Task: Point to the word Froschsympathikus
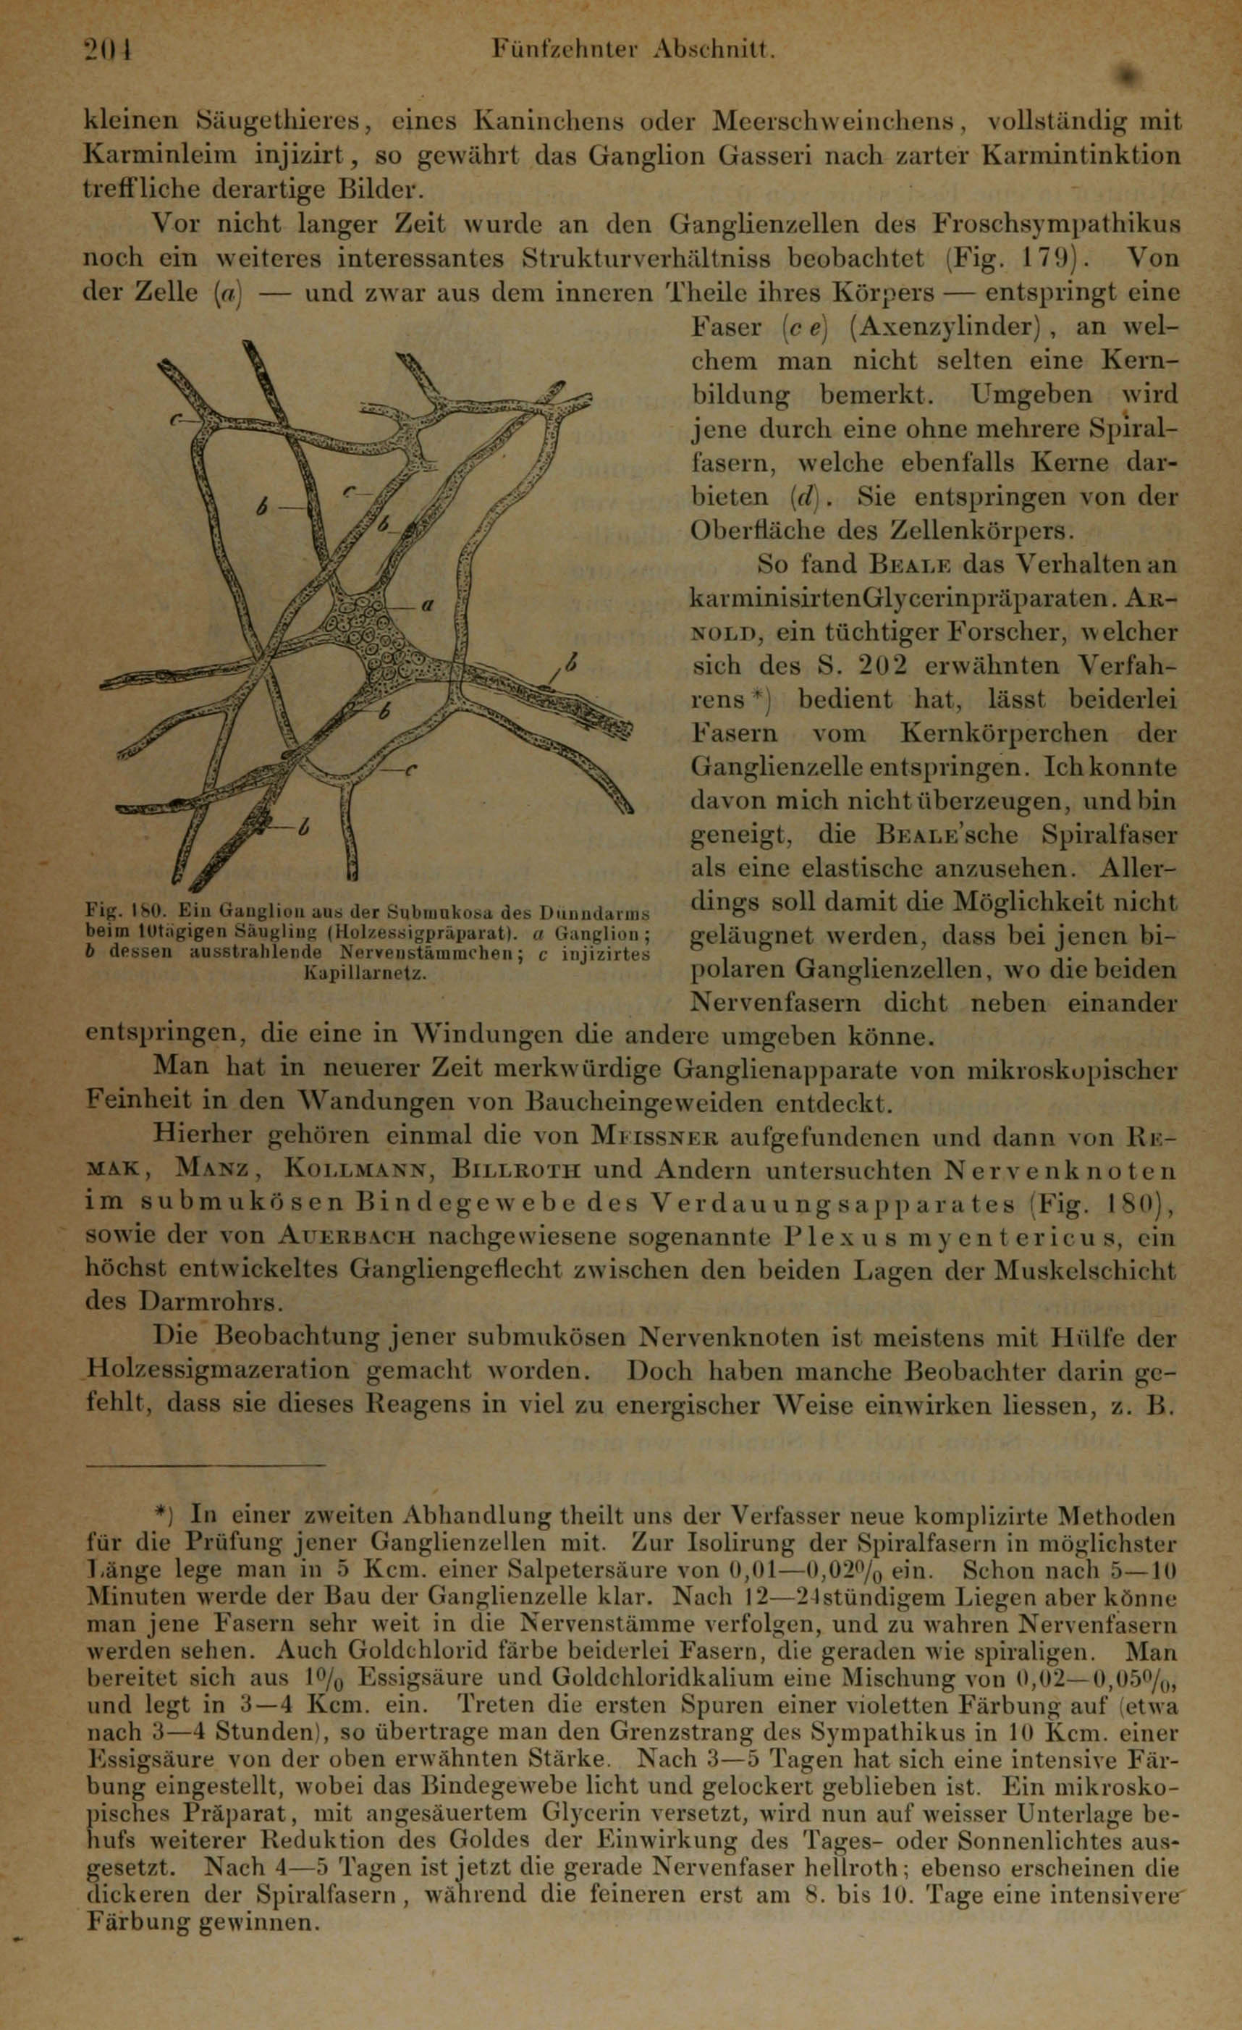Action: [x=1057, y=225]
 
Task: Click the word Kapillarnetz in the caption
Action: [x=364, y=974]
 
